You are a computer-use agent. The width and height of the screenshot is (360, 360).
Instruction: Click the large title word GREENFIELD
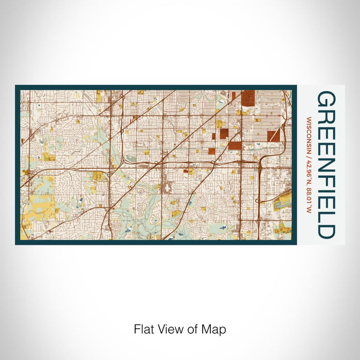326,165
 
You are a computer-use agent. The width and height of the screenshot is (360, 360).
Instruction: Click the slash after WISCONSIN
309,152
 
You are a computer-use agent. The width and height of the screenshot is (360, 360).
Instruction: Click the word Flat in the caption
143,329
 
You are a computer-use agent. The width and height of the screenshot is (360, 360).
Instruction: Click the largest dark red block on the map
248,98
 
